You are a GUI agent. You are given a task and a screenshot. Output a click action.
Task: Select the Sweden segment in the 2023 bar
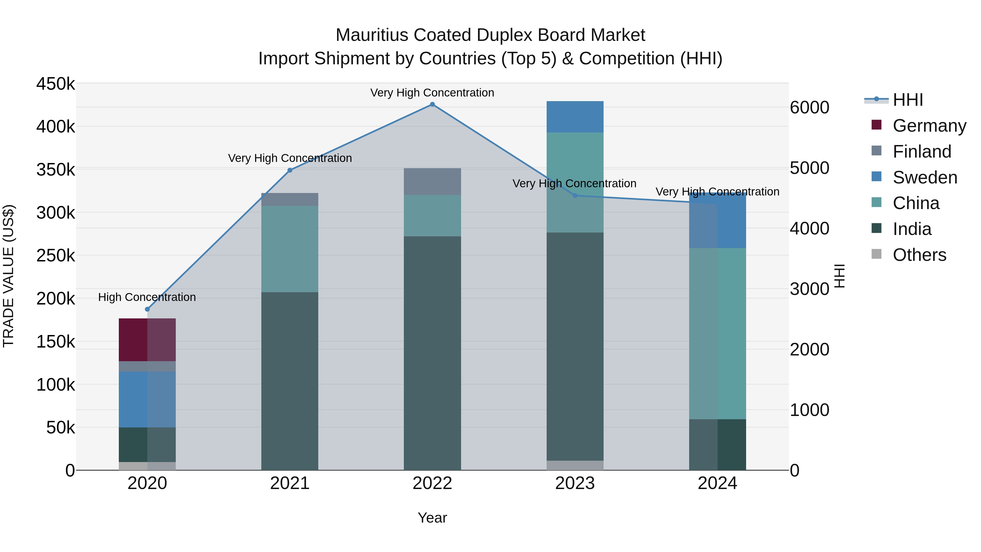click(575, 117)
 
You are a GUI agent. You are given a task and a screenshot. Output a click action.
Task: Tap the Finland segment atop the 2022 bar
click(432, 181)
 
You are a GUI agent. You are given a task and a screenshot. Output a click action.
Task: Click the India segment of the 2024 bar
click(717, 444)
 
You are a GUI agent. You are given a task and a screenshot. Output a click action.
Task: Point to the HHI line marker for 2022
click(432, 104)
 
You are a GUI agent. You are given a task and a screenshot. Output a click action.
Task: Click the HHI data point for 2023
click(575, 196)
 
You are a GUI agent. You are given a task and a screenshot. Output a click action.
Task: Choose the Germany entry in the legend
click(929, 126)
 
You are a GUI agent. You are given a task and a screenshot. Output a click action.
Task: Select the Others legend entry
click(919, 255)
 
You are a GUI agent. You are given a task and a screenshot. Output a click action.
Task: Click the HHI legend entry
click(907, 100)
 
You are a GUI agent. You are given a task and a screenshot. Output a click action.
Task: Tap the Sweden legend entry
click(925, 177)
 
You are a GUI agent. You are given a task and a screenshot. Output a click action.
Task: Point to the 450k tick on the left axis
click(56, 84)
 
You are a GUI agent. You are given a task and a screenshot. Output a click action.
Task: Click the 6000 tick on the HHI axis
click(809, 107)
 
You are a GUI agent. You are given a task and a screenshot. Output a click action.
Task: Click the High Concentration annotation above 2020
click(147, 297)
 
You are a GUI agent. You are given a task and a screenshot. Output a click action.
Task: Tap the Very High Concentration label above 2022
click(432, 93)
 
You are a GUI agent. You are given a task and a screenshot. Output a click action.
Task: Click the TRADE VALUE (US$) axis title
click(8, 276)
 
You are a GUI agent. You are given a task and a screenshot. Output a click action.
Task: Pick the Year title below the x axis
click(432, 518)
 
